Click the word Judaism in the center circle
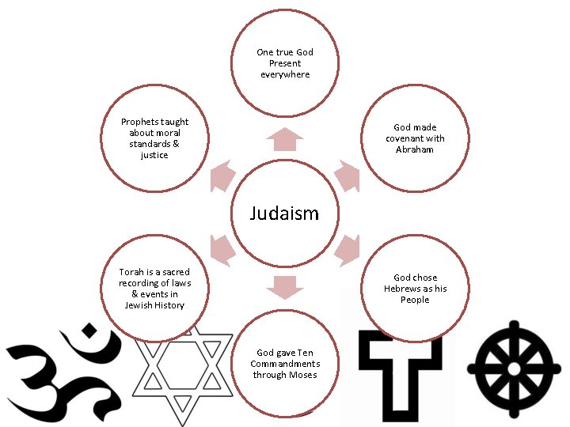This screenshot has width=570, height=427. click(284, 213)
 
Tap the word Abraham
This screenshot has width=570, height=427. click(414, 149)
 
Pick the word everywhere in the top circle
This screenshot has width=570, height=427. click(285, 75)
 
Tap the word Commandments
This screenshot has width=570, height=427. click(285, 364)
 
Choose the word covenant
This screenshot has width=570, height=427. click(403, 138)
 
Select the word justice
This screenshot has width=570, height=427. click(154, 156)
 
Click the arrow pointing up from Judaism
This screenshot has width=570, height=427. click(285, 139)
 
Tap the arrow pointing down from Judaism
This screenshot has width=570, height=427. click(285, 287)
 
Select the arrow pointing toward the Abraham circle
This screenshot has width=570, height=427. click(348, 176)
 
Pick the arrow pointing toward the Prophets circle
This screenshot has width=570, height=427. click(222, 176)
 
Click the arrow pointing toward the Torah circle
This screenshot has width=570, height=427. click(222, 251)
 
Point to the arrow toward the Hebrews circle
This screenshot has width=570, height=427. click(348, 251)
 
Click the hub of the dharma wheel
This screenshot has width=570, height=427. click(514, 369)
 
